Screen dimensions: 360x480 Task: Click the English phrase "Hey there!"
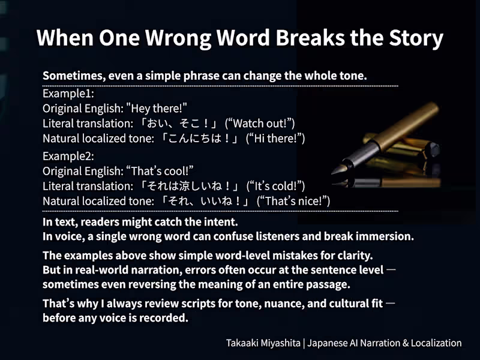[x=157, y=109]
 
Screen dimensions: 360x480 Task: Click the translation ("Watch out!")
[x=260, y=124]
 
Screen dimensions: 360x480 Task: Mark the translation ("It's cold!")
[x=277, y=186]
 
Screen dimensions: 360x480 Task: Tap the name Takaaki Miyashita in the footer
[x=263, y=343]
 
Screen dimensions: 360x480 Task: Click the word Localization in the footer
[x=433, y=343]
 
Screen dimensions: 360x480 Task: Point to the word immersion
[x=384, y=236]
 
